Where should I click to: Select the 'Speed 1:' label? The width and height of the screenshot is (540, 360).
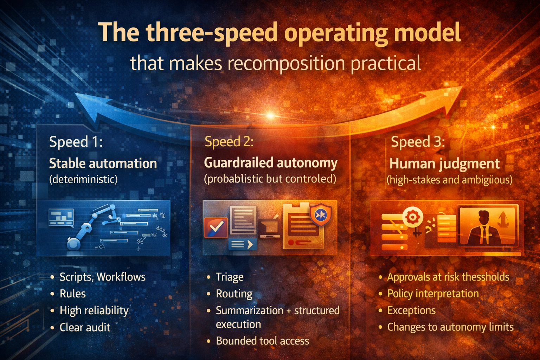[76, 142]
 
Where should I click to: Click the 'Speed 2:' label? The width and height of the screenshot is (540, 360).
[229, 142]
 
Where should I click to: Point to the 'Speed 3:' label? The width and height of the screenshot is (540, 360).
[418, 142]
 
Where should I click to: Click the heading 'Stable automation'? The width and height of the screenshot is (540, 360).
[103, 163]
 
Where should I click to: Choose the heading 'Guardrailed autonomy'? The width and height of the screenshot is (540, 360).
[270, 163]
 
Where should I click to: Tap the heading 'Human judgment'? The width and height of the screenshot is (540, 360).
[444, 164]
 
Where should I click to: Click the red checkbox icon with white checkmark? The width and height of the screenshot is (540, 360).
[216, 227]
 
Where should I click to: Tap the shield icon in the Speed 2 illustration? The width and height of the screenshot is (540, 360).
[321, 214]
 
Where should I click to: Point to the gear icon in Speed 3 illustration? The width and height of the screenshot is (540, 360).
[412, 217]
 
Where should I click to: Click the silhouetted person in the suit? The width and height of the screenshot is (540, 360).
[484, 227]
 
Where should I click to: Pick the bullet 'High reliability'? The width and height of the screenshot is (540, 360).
[94, 310]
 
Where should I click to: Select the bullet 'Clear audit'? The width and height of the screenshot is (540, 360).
[85, 327]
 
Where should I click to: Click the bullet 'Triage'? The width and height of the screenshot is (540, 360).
[230, 277]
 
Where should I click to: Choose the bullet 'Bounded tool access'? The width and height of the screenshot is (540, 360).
[262, 341]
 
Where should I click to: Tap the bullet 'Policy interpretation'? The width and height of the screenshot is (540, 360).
[433, 294]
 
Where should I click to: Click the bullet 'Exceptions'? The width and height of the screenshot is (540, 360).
[411, 310]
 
